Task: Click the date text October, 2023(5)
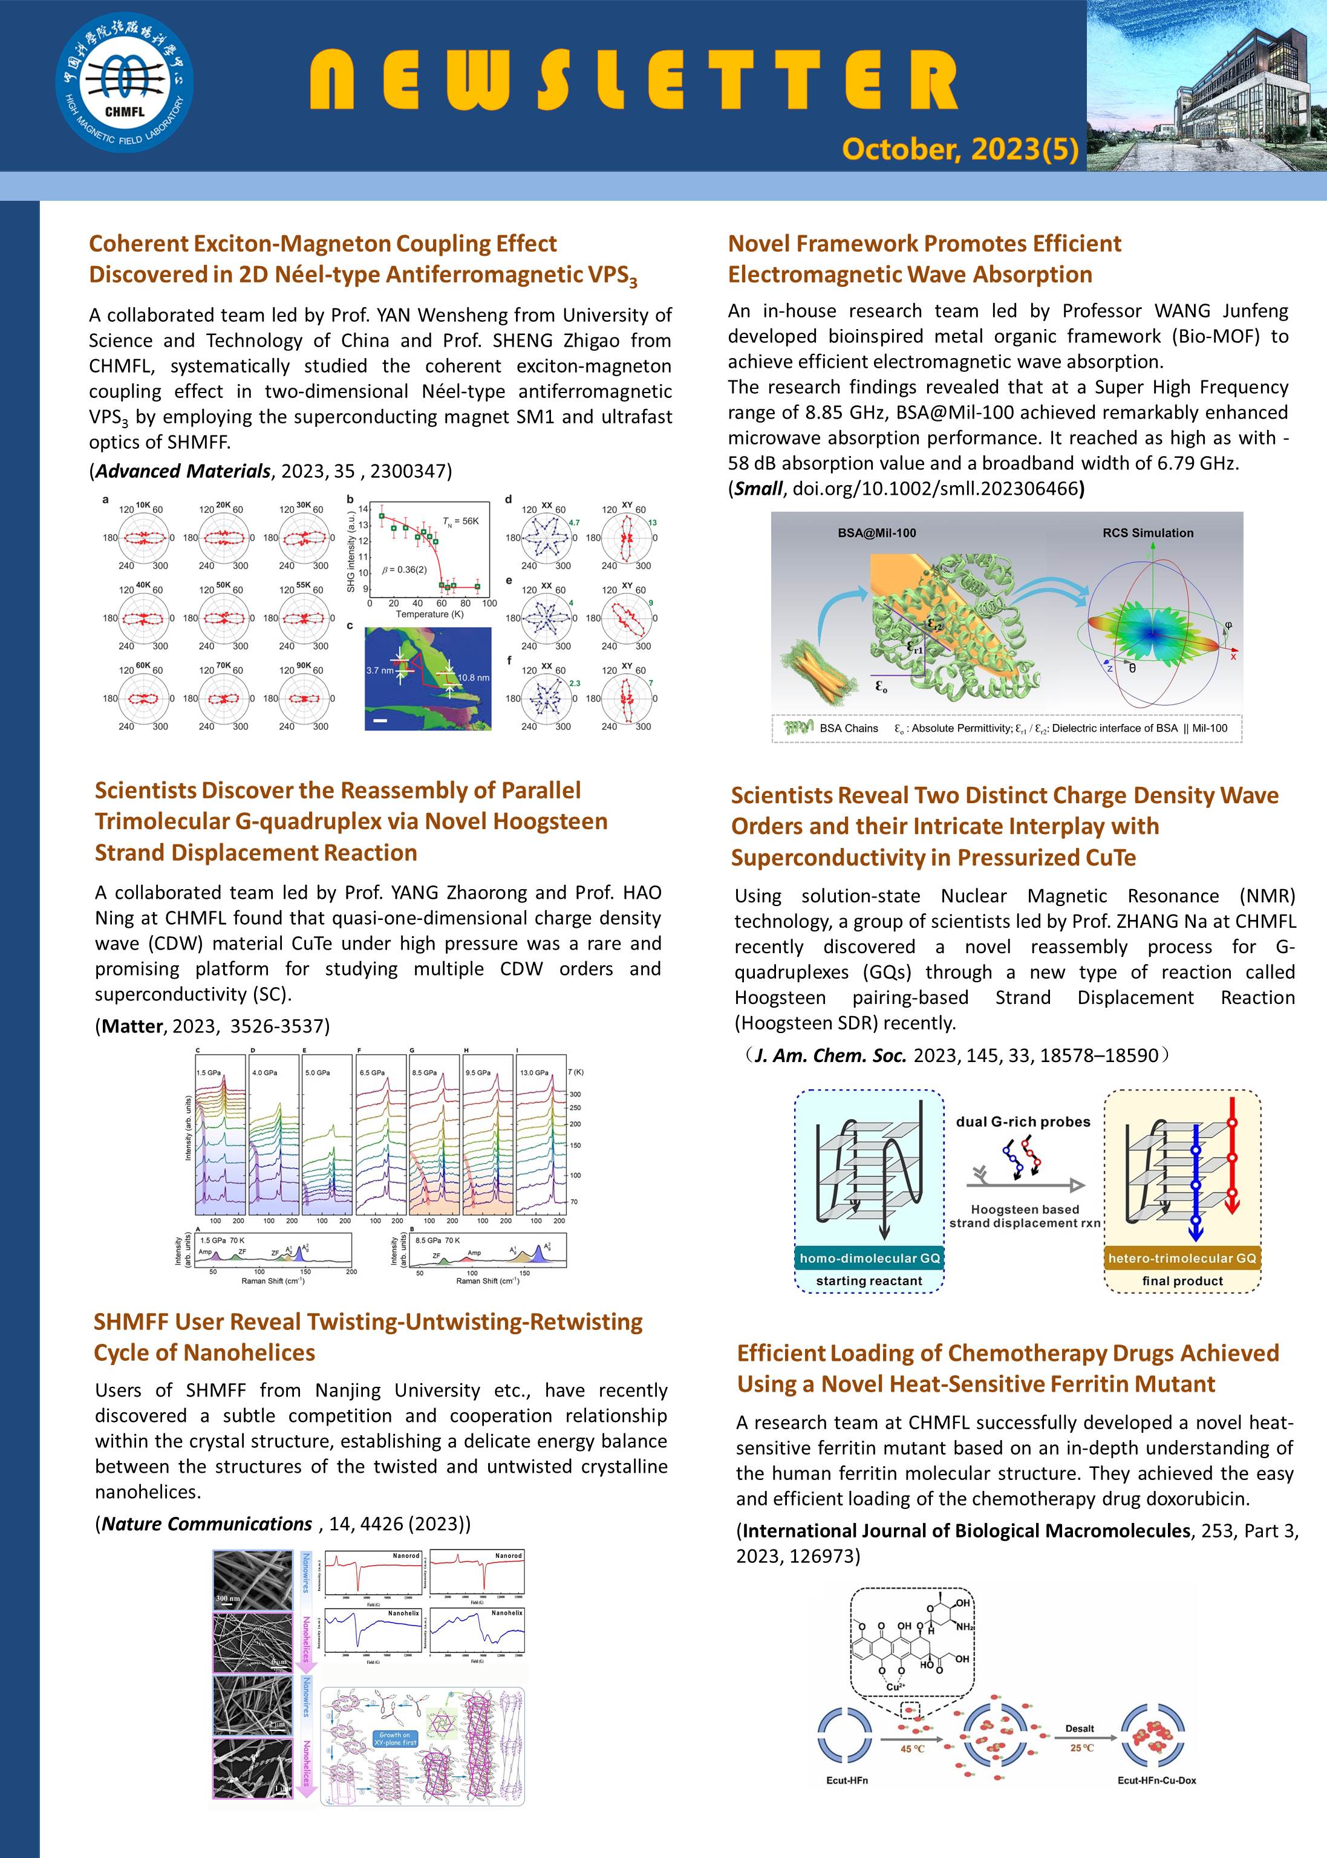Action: (959, 149)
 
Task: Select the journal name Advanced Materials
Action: (182, 471)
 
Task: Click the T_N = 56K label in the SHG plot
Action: (461, 521)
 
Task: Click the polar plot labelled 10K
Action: (143, 537)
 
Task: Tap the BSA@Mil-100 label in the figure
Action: (877, 533)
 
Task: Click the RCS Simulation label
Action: (1147, 533)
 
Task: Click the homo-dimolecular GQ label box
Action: (869, 1257)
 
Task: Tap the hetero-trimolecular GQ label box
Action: (1182, 1257)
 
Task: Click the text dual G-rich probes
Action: (1023, 1122)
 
